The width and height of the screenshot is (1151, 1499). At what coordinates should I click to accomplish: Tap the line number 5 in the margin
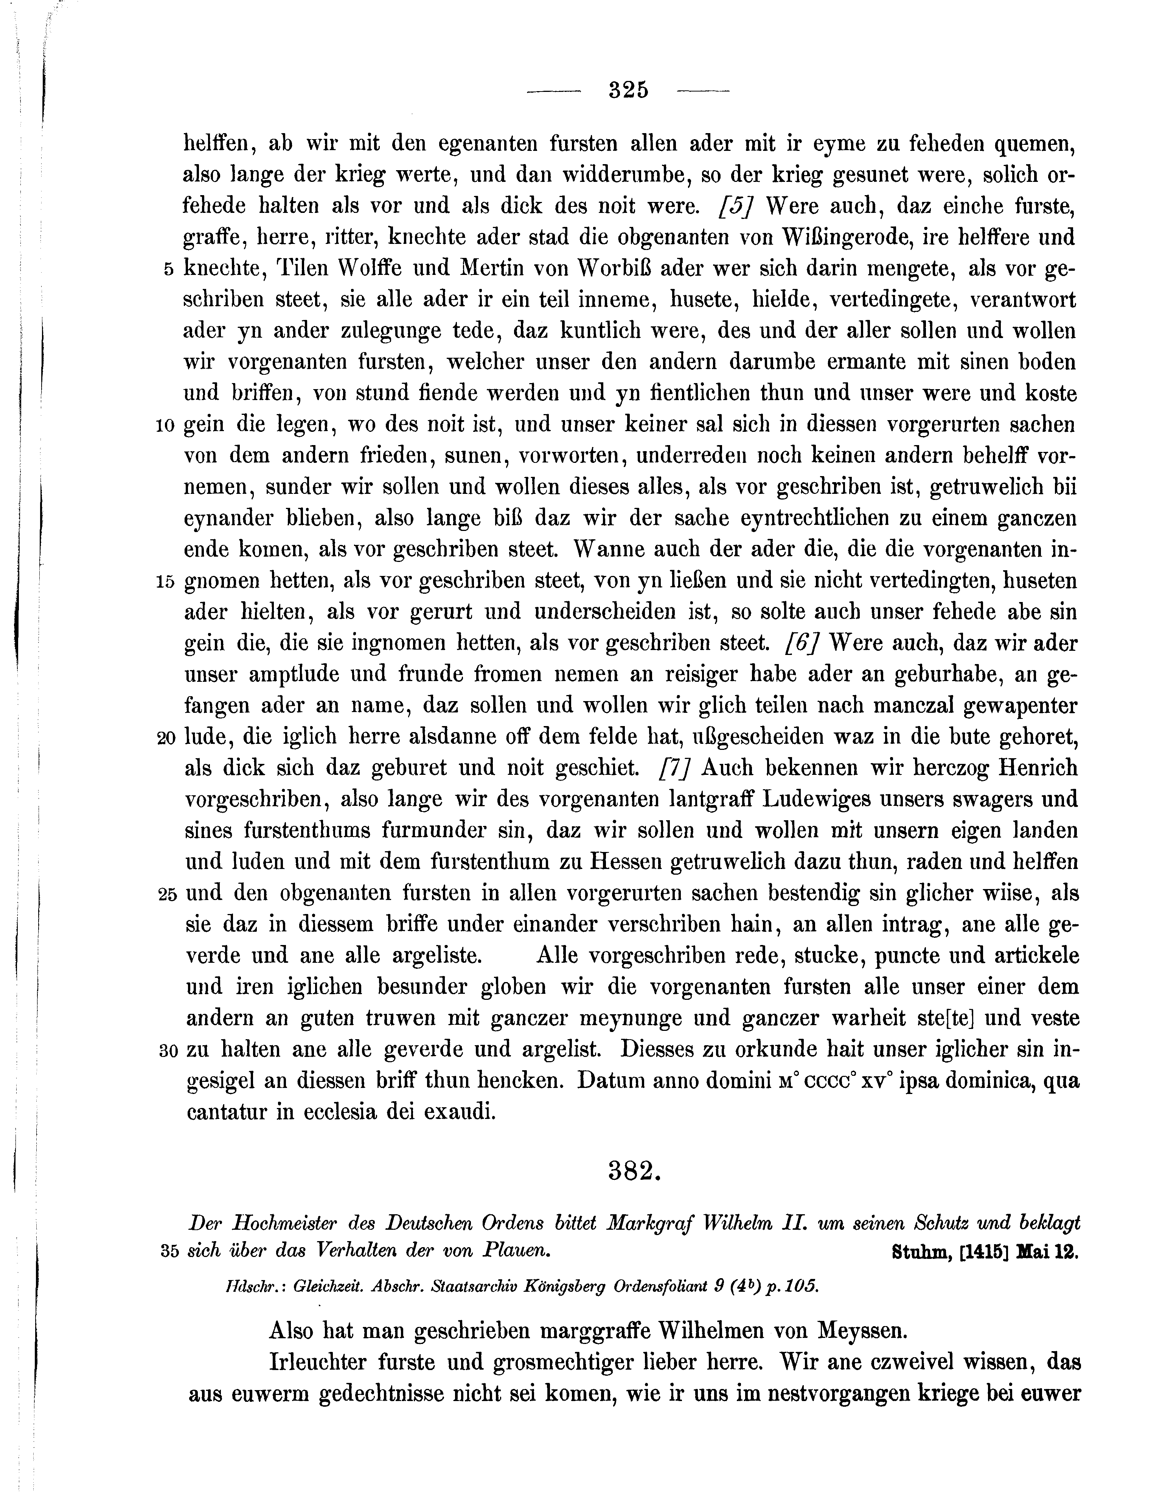(169, 270)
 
